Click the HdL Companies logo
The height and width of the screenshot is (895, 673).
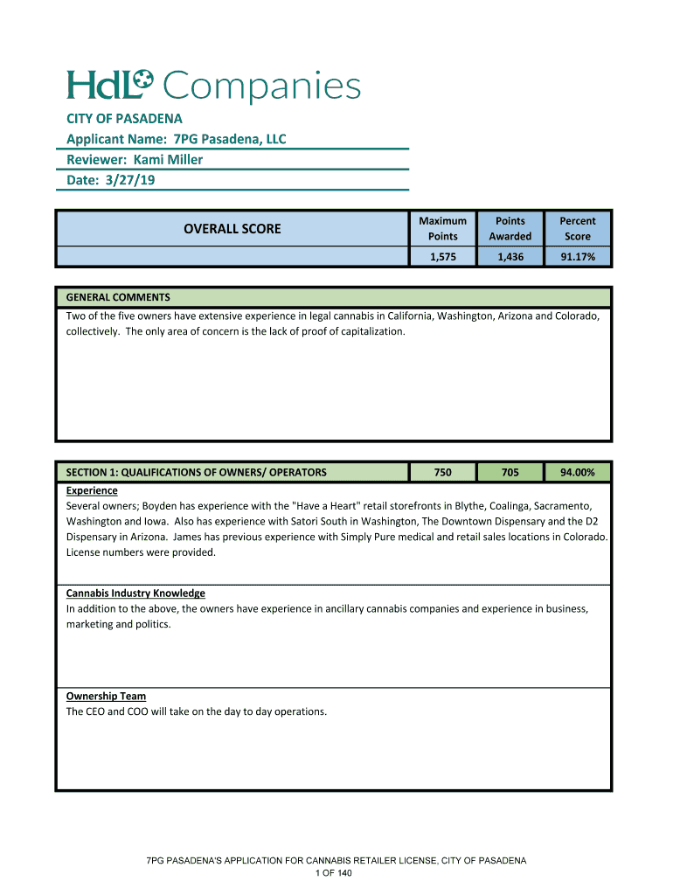[x=213, y=87]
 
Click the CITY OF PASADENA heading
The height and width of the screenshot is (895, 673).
[x=124, y=118]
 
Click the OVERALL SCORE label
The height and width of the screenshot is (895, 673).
[x=232, y=229]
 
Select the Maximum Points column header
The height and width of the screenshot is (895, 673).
[x=442, y=229]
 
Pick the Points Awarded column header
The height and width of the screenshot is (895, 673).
[x=510, y=229]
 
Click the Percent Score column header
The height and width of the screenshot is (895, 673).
[x=577, y=229]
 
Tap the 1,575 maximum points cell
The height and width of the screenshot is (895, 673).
[x=442, y=257]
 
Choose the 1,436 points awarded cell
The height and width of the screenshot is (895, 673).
[x=510, y=257]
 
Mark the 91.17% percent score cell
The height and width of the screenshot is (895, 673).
[x=577, y=257]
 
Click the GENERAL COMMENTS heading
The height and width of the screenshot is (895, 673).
[x=118, y=297]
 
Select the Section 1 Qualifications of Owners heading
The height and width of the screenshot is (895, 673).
[x=196, y=472]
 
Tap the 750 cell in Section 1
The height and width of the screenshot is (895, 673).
[x=442, y=472]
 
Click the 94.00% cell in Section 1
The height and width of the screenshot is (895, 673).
[x=577, y=472]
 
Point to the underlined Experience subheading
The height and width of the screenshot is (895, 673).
[x=92, y=490]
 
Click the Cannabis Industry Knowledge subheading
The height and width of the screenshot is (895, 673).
[x=135, y=593]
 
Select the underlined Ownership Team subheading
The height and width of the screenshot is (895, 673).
[x=106, y=697]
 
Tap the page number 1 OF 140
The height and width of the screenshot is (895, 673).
[x=336, y=873]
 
